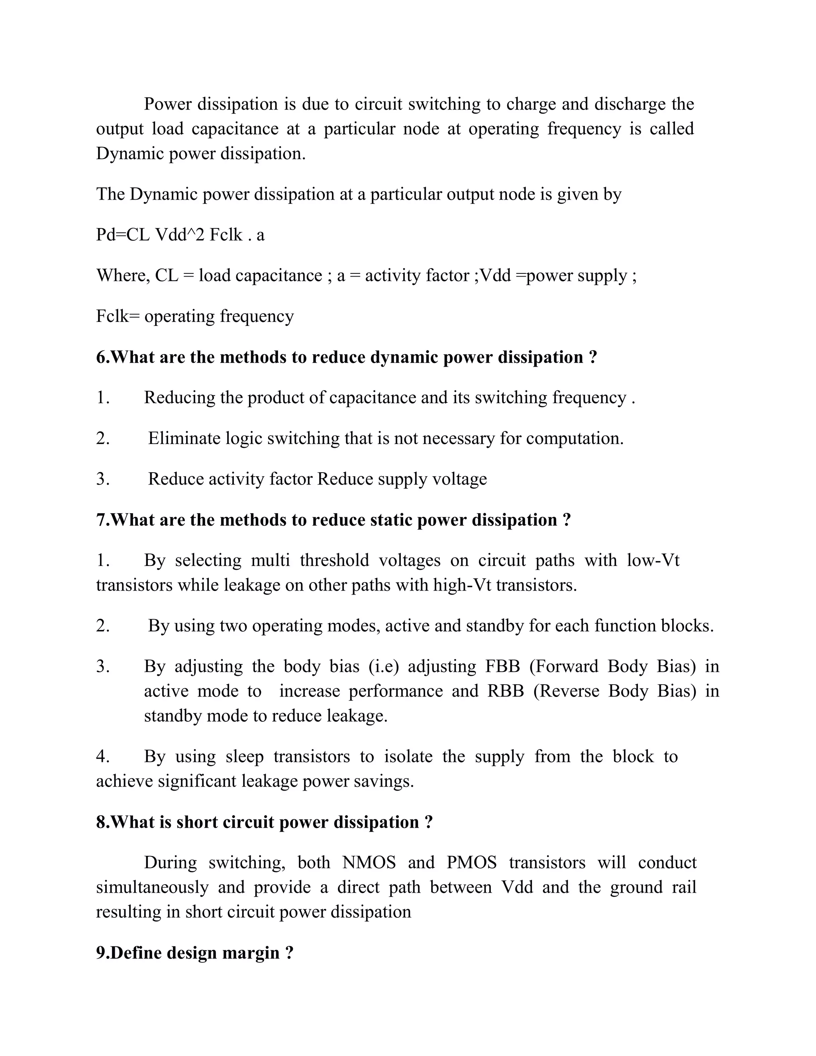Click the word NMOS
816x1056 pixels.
(x=369, y=863)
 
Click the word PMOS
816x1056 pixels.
(x=471, y=863)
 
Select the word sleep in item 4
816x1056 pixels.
(x=245, y=757)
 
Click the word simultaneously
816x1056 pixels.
(x=152, y=887)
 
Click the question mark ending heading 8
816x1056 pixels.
(x=428, y=822)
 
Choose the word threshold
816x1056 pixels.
(x=334, y=560)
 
